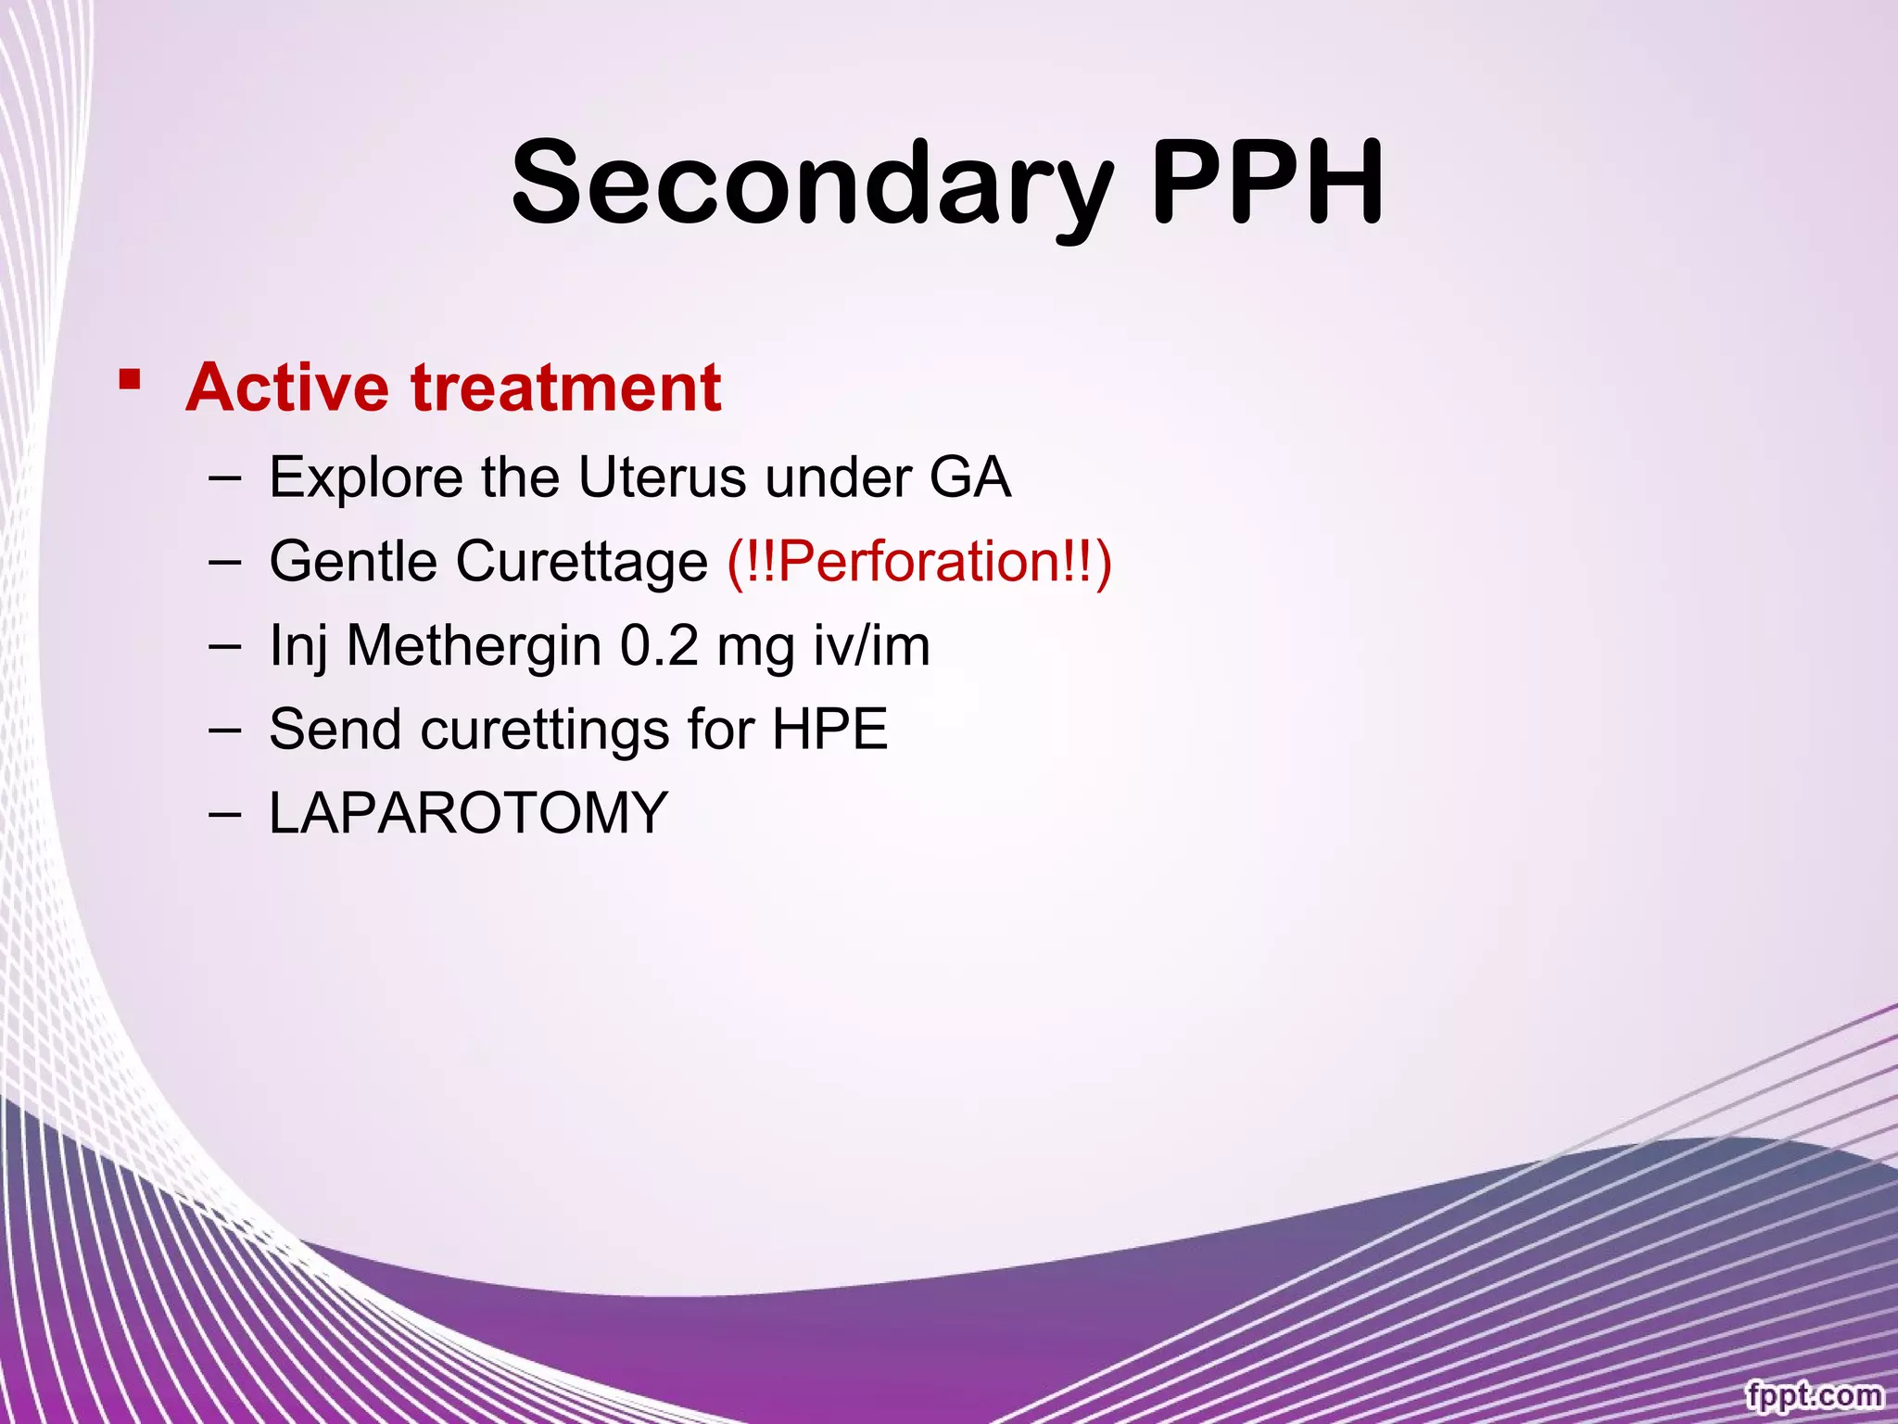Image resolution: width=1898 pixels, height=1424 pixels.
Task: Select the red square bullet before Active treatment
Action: pos(130,380)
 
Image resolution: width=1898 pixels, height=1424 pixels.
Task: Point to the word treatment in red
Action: pos(566,388)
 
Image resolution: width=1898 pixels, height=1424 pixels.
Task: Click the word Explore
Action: pos(365,478)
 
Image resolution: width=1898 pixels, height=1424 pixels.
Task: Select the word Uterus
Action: pos(662,478)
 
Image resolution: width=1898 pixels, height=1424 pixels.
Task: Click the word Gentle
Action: pos(352,562)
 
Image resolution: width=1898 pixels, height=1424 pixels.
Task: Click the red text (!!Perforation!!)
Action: pos(918,562)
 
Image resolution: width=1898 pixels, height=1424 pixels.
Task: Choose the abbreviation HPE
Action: pos(829,730)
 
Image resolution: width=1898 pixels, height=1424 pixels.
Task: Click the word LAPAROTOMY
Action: pos(468,813)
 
